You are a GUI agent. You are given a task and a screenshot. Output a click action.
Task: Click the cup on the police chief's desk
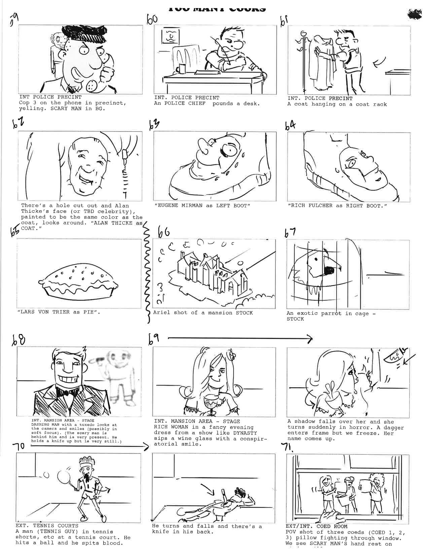point(183,68)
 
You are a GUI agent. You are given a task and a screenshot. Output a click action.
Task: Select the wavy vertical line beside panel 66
point(146,272)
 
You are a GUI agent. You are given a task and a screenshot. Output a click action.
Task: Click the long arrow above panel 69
point(240,339)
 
